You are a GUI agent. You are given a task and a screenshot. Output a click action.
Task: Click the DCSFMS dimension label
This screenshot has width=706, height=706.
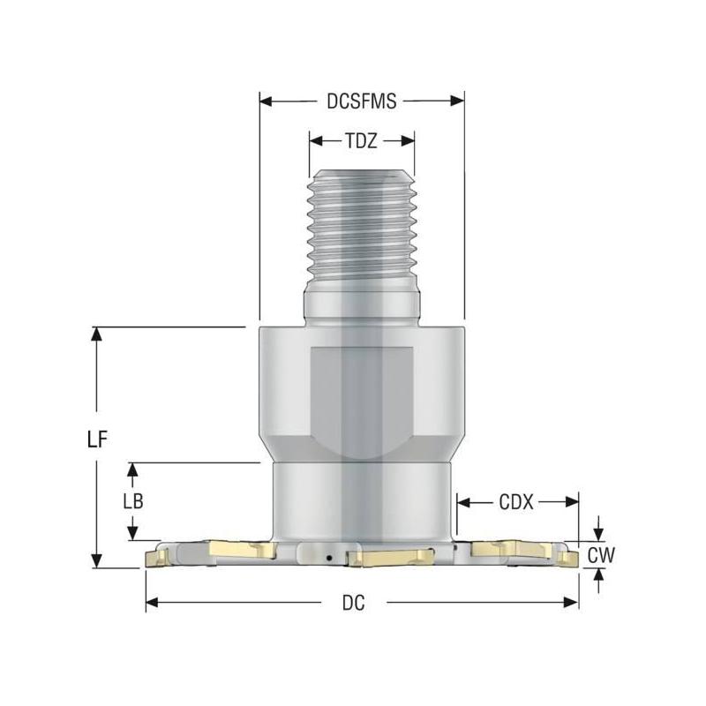(x=361, y=101)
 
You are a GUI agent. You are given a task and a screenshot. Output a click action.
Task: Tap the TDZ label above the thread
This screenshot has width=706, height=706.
(x=362, y=139)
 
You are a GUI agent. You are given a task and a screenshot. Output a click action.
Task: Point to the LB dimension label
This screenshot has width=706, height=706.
(x=132, y=500)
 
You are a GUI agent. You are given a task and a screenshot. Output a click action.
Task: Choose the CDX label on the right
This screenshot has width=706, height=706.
(x=516, y=502)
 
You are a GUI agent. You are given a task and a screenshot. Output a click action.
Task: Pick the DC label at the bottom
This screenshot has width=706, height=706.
(x=353, y=603)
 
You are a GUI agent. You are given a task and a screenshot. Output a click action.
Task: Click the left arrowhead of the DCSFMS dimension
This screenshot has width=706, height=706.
(x=264, y=101)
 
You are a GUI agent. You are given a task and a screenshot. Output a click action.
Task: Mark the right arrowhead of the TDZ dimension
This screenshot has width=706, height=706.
(x=409, y=139)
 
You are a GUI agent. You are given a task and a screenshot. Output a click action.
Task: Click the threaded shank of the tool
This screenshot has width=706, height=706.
(x=361, y=229)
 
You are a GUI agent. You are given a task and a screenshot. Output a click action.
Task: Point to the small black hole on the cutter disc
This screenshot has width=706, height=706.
(x=327, y=558)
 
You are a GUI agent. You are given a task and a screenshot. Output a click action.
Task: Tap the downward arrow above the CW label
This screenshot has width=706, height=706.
(x=600, y=533)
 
